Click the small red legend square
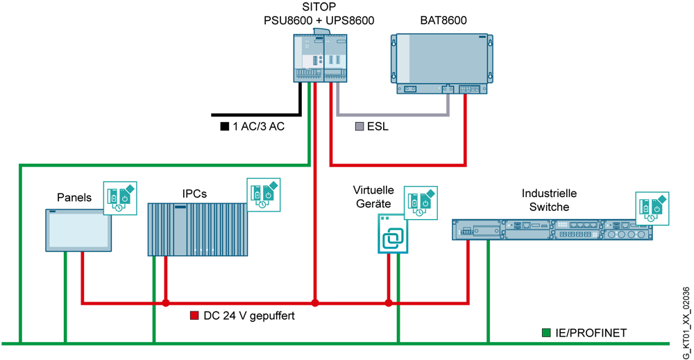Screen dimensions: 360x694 tap(194, 315)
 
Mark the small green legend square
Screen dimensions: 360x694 tap(546, 333)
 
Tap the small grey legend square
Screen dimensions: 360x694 tap(359, 127)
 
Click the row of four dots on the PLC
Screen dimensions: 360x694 tap(203, 250)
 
